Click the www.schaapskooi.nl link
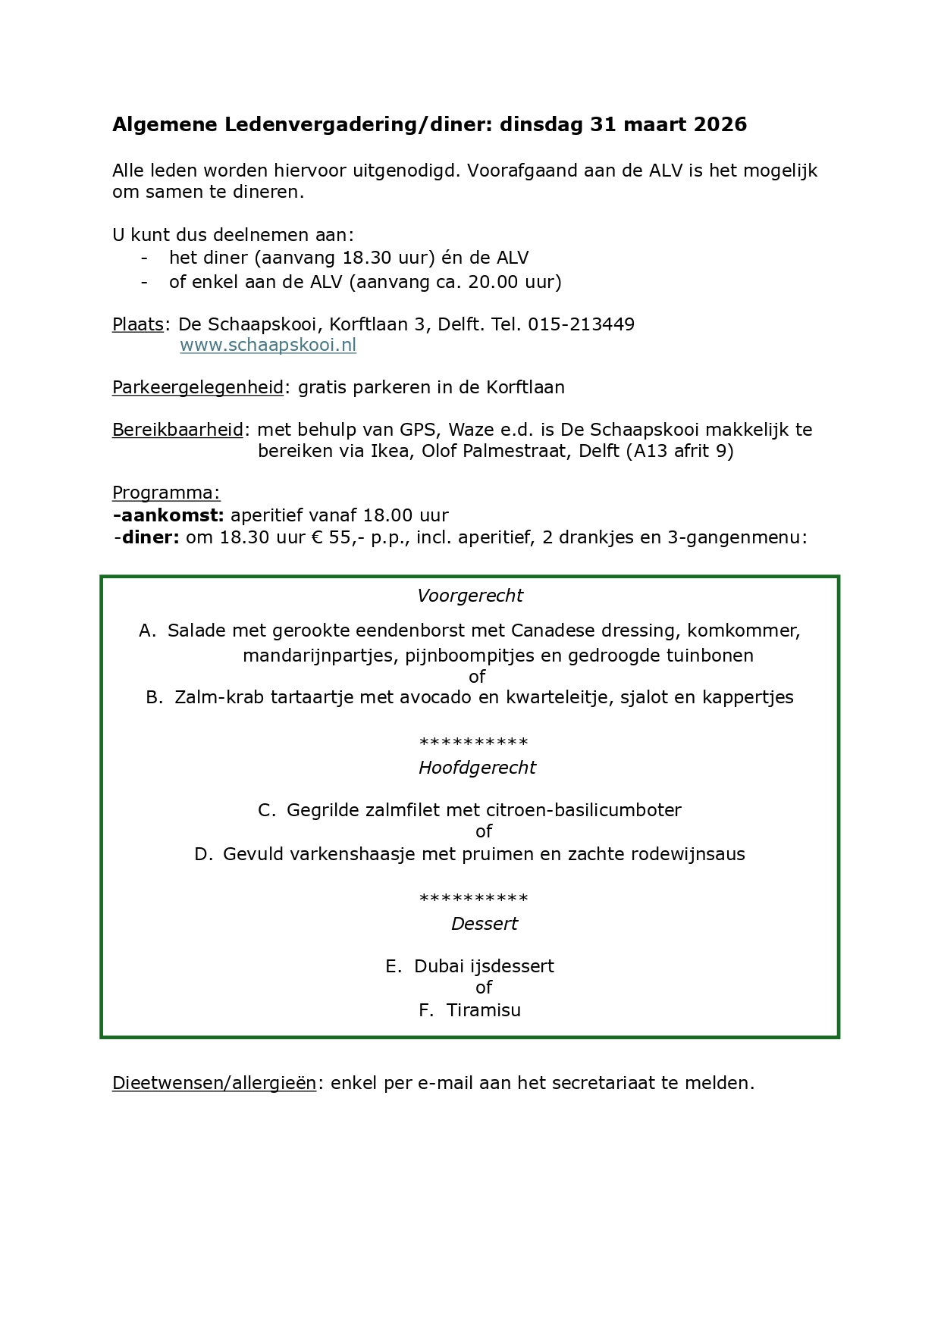268,346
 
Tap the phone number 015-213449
581,324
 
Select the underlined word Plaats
138,324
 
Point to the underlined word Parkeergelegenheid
198,387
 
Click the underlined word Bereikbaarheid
177,430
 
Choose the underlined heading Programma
166,493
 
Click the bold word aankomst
171,515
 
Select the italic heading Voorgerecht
470,596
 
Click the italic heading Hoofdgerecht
477,768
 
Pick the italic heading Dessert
484,924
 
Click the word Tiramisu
483,1010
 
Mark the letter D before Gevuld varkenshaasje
202,854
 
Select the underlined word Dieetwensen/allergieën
214,1083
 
